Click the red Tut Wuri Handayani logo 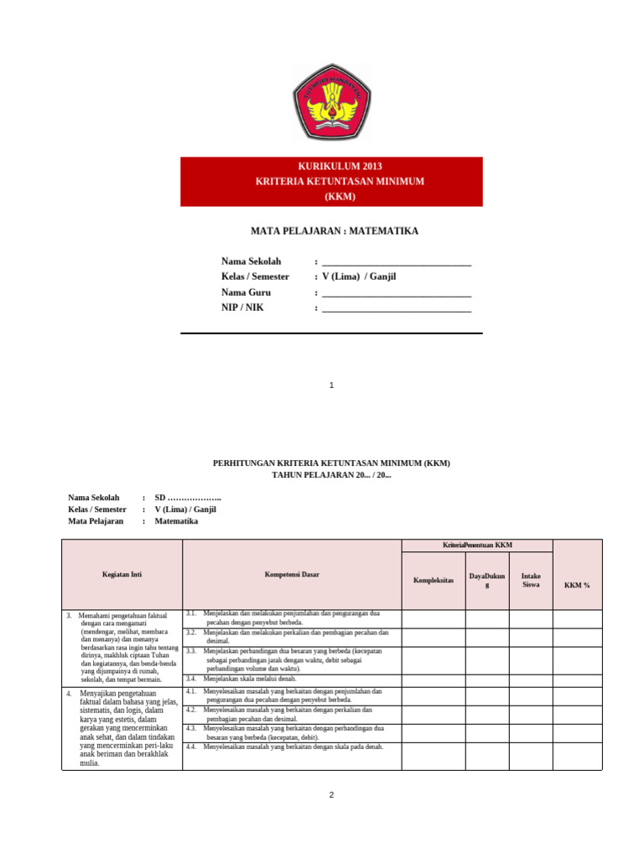click(x=331, y=104)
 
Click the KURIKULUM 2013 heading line click(x=331, y=166)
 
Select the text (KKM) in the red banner click(x=331, y=197)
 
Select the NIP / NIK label click(x=242, y=308)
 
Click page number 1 click(x=332, y=385)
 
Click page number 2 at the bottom click(x=332, y=794)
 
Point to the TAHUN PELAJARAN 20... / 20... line click(x=331, y=475)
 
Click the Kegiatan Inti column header click(x=122, y=574)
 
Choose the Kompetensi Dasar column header click(x=292, y=574)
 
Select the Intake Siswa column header click(x=531, y=580)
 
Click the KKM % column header click(x=577, y=584)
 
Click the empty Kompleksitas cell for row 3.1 click(x=434, y=618)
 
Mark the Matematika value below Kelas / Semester click(x=176, y=521)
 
